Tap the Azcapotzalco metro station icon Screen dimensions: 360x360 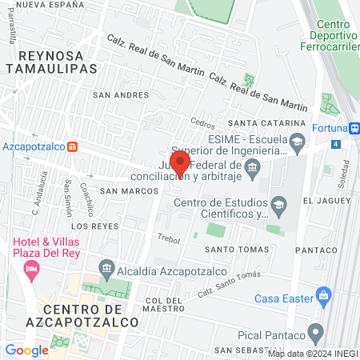click(73, 147)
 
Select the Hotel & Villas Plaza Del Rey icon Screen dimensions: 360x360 click(32, 270)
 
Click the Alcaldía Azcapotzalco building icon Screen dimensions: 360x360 click(105, 267)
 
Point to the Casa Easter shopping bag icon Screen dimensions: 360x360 click(323, 298)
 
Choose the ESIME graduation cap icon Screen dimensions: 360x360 click(297, 142)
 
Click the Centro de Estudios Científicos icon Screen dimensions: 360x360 click(278, 203)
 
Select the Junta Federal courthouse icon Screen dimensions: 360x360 click(253, 166)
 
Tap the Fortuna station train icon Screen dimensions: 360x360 click(354, 127)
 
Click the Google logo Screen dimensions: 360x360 click(26, 350)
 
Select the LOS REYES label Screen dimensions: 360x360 click(101, 226)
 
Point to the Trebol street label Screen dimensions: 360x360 click(170, 238)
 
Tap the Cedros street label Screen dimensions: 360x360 click(203, 123)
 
